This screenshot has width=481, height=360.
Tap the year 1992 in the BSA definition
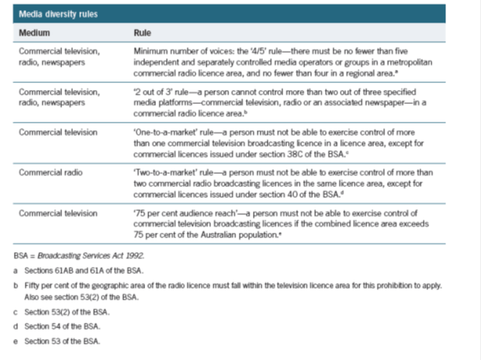(x=132, y=254)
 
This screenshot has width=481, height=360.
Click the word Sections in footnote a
(x=36, y=269)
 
